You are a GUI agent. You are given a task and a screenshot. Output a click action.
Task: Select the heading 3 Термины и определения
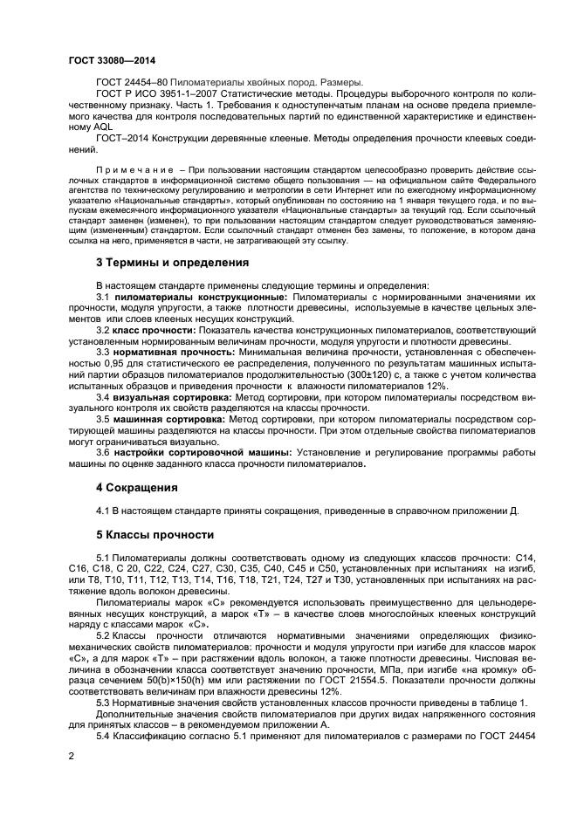coord(172,262)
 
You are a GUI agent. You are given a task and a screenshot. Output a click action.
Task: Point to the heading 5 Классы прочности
coord(154,533)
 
